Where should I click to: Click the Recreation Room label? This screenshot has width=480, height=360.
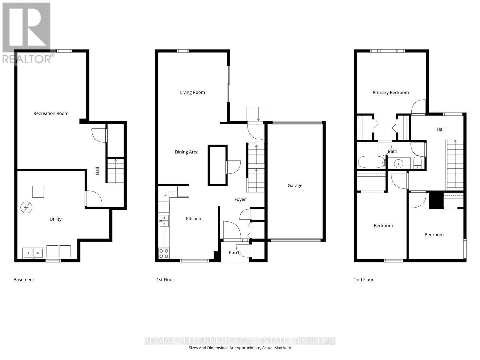[51, 113]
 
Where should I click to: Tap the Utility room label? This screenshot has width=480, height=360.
[55, 219]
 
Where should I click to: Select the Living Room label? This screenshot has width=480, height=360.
[192, 92]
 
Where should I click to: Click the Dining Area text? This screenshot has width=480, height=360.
[187, 152]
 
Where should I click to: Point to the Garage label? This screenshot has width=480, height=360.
[295, 186]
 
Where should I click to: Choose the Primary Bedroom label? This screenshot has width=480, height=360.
[391, 93]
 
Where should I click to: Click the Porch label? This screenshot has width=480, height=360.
[235, 253]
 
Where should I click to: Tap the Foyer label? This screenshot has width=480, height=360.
[240, 199]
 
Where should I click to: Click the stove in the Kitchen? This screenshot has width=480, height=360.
[164, 253]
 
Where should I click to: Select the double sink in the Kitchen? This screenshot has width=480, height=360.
[164, 220]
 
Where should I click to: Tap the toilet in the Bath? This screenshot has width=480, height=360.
[417, 162]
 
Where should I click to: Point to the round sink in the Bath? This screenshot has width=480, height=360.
[399, 163]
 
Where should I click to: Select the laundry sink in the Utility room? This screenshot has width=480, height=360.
[33, 253]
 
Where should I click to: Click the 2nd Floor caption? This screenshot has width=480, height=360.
[364, 280]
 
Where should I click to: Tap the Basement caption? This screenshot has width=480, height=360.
[24, 280]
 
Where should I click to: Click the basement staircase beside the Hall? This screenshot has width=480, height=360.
[115, 170]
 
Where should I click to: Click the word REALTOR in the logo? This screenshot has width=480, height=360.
[27, 59]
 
